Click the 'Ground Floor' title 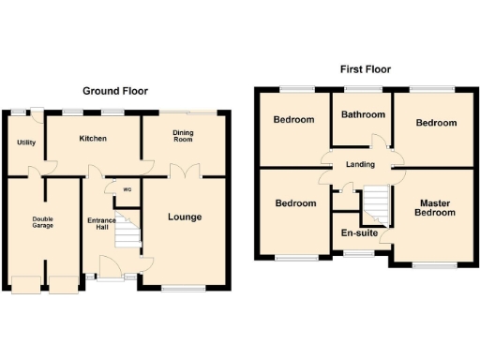click(x=114, y=91)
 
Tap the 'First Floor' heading click(x=365, y=69)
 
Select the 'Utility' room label click(x=24, y=142)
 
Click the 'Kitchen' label click(x=93, y=139)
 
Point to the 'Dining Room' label click(x=183, y=136)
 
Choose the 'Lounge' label click(x=185, y=217)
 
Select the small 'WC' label click(x=127, y=191)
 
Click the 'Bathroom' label click(x=363, y=114)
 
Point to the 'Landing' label click(x=360, y=165)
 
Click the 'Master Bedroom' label click(x=437, y=208)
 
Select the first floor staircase click(x=376, y=200)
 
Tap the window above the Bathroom click(x=362, y=89)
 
